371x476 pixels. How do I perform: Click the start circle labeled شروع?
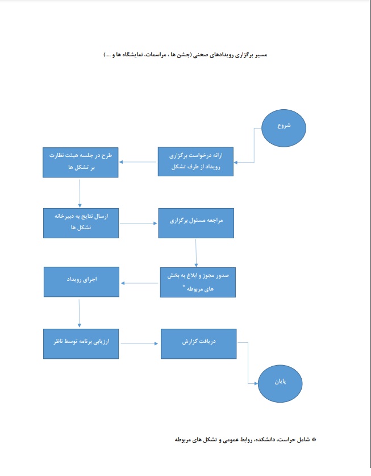click(284, 128)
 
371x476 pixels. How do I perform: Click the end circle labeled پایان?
click(280, 383)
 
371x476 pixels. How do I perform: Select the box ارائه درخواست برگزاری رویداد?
click(195, 162)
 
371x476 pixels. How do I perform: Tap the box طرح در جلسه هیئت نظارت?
click(80, 163)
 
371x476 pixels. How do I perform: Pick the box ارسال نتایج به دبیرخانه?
click(81, 223)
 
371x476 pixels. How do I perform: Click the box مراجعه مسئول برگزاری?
click(196, 223)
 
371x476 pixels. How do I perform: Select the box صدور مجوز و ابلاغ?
click(198, 282)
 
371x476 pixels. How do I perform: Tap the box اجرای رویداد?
click(81, 282)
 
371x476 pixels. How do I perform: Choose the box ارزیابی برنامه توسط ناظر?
click(81, 343)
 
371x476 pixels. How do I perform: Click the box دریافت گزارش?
click(199, 343)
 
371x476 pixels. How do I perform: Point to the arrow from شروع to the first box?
click(254, 145)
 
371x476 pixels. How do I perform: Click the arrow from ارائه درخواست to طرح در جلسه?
click(137, 162)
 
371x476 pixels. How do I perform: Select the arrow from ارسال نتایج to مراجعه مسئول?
click(139, 223)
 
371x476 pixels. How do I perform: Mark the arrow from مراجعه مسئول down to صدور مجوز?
click(196, 253)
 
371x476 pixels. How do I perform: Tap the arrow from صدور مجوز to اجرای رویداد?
click(140, 283)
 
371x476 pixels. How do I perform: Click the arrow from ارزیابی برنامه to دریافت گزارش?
click(140, 343)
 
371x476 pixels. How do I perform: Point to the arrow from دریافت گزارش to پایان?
click(248, 363)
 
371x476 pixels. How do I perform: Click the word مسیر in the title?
click(261, 55)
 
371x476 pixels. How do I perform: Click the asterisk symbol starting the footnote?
click(314, 439)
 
